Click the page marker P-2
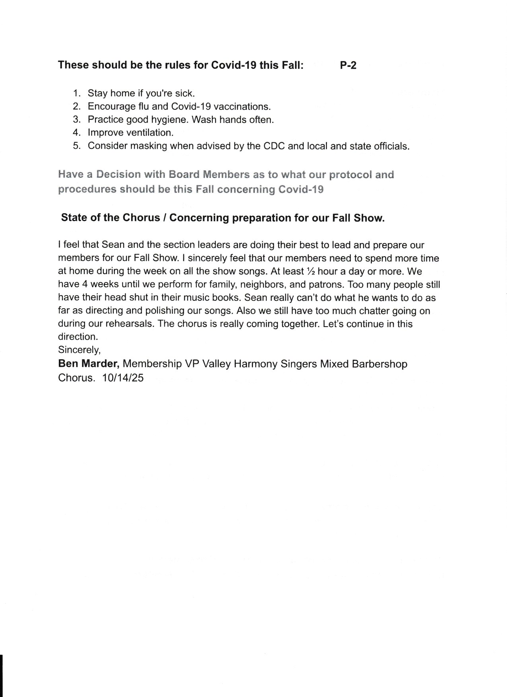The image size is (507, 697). (348, 65)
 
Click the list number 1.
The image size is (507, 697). (77, 93)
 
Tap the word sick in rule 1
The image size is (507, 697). (184, 93)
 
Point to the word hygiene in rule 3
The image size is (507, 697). (169, 120)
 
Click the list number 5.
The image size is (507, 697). (77, 146)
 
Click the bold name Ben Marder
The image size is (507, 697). (89, 364)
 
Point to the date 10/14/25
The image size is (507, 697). (122, 378)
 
